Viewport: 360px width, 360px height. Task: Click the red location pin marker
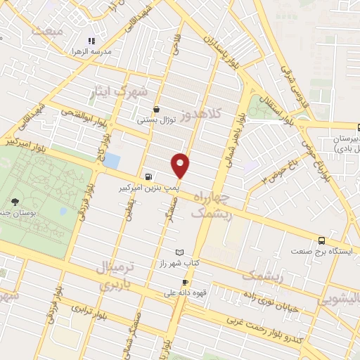point(181,165)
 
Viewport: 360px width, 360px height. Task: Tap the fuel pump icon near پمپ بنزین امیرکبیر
point(148,177)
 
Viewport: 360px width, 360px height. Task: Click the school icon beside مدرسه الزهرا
point(90,41)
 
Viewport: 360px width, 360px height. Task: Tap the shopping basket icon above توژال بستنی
point(155,109)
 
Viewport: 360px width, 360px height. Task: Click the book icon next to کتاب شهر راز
point(179,252)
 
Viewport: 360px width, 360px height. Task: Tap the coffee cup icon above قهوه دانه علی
point(185,282)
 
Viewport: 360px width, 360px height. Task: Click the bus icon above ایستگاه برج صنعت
point(322,239)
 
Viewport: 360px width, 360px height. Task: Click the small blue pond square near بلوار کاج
point(111,160)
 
